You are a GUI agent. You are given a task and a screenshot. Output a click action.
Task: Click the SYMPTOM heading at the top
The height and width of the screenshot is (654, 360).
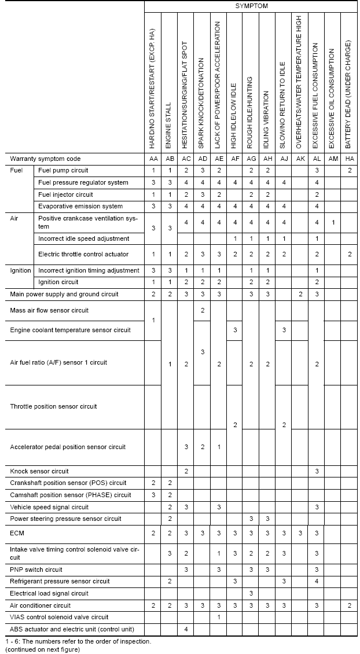tap(251, 6)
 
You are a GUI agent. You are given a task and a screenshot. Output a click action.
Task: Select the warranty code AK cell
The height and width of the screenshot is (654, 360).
tap(300, 159)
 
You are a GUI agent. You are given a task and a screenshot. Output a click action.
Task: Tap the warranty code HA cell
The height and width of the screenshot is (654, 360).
tap(350, 159)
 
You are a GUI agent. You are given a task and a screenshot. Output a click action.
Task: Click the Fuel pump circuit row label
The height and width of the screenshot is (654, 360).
tap(63, 171)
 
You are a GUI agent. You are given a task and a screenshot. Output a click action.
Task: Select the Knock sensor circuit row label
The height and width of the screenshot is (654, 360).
tap(39, 471)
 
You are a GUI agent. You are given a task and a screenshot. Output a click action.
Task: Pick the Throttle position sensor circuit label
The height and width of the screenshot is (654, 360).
tap(53, 406)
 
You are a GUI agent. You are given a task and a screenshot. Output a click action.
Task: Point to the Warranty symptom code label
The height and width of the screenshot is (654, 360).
tap(45, 159)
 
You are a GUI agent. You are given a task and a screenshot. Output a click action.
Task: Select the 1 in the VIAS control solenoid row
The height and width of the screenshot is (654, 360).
tap(219, 617)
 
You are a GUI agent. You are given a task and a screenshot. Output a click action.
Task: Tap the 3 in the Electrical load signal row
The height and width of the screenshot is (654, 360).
tap(251, 593)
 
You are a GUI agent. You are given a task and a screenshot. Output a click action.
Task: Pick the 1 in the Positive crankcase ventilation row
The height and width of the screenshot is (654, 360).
tap(333, 222)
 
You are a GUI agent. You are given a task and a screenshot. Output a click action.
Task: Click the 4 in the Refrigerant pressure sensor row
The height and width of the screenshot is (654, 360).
tap(317, 581)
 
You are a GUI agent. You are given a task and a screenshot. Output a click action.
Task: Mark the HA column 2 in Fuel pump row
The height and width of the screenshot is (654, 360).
tap(350, 171)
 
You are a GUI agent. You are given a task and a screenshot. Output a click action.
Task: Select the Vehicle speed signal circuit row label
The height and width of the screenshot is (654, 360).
tap(49, 507)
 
